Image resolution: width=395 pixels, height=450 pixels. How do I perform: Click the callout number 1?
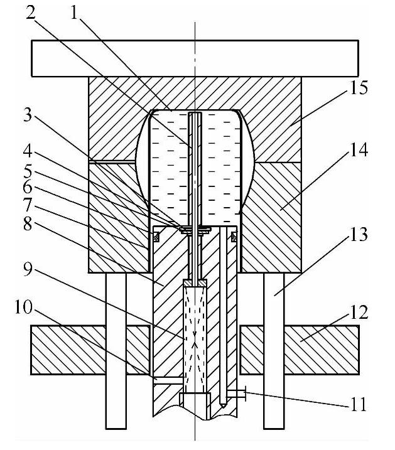[74, 13]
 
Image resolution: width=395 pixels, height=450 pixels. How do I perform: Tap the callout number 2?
[30, 13]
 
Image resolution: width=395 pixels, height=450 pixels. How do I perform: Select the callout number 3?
[27, 115]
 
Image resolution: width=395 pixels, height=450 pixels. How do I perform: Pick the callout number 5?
[28, 171]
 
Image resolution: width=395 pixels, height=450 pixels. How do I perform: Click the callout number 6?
[28, 188]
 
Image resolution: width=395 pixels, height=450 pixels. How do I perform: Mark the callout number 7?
[28, 206]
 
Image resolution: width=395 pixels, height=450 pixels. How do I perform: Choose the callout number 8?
[28, 224]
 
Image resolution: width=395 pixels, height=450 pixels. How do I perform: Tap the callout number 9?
[28, 269]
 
